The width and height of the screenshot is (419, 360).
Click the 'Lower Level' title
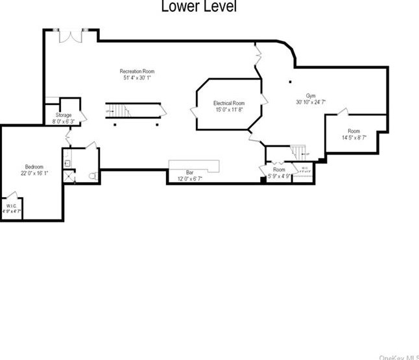point(198,7)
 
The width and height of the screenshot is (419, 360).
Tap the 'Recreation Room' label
point(137,71)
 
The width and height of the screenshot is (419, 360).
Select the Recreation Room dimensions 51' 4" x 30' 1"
point(137,78)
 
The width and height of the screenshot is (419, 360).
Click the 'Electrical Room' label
point(229,103)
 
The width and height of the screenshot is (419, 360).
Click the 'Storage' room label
point(64,115)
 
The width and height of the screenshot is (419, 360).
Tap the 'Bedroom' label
point(34,166)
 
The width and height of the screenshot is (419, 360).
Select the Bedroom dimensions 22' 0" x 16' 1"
point(34,173)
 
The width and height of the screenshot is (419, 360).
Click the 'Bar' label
point(190,172)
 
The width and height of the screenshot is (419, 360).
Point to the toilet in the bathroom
point(91,176)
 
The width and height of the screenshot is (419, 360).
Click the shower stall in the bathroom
point(68,176)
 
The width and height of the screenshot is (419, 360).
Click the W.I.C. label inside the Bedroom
point(12,206)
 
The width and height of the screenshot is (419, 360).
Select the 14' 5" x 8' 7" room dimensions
point(353,138)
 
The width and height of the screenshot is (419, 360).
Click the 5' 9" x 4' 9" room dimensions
point(278,175)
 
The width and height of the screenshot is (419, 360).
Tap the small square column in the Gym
point(290,82)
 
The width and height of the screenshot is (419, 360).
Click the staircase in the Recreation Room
point(134,110)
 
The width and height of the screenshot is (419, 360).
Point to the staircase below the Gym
point(298,153)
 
